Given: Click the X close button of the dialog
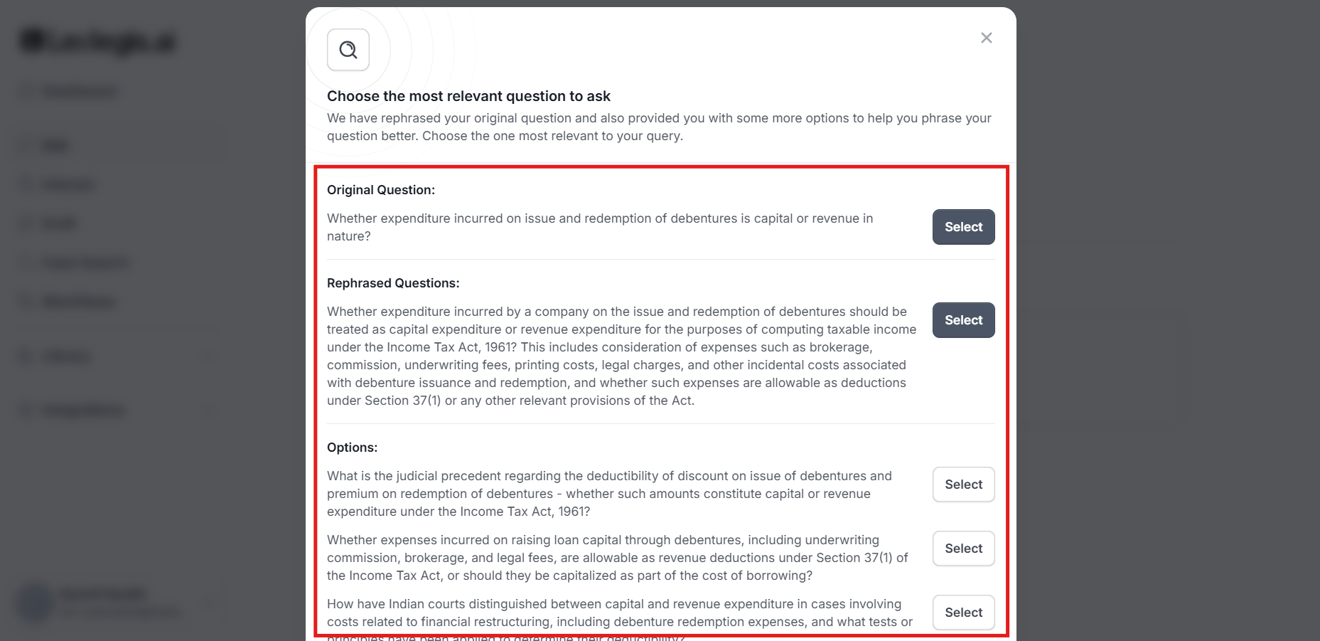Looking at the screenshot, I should pos(986,38).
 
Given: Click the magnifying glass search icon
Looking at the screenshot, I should pos(348,50).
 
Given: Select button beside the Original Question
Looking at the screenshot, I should pos(963,227).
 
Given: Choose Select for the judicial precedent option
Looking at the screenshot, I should pos(963,484).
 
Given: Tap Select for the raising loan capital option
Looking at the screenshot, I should pos(963,549).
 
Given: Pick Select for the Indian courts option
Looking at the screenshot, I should pos(963,613).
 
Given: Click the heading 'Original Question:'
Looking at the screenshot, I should pos(381,190).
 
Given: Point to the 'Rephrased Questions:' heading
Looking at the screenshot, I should pos(393,283).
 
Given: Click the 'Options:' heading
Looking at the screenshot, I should pos(352,447).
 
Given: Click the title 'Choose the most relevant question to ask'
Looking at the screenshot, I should pos(468,96).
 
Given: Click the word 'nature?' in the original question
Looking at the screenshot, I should pos(348,236).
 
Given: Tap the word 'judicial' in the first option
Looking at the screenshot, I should pos(417,476).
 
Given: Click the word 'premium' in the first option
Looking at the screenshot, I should pos(350,494).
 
